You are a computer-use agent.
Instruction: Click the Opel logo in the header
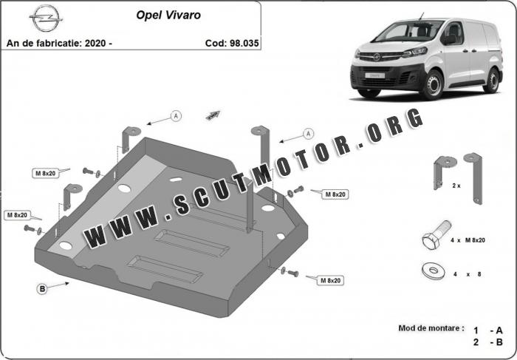[46, 18]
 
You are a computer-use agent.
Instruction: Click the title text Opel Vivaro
[168, 16]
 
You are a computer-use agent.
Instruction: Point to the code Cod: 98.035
[232, 43]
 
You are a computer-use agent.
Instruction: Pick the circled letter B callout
[42, 289]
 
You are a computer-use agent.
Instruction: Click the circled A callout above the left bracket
[176, 116]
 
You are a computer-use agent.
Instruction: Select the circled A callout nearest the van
[308, 134]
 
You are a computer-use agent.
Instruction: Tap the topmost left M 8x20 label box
[46, 173]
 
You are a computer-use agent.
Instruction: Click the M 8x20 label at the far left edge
[18, 215]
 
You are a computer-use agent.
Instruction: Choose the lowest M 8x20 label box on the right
[330, 280]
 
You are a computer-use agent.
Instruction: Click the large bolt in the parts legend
[436, 235]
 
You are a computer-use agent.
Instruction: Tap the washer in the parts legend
[433, 271]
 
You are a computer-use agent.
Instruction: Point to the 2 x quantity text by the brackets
[456, 186]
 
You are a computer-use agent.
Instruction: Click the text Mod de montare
[431, 328]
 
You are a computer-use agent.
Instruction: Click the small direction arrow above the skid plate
[213, 115]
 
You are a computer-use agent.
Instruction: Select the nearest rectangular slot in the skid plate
[165, 269]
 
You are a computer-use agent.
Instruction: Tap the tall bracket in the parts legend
[475, 178]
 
